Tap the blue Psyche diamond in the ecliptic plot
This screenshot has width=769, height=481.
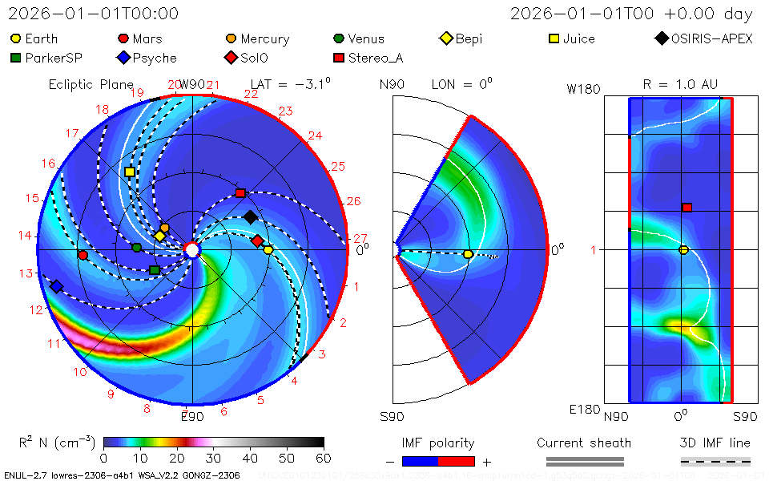pos(56,286)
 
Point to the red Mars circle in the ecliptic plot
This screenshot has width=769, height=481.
pos(83,255)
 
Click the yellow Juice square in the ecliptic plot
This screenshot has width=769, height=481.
pos(130,172)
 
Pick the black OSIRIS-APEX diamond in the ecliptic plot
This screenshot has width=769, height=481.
pos(251,217)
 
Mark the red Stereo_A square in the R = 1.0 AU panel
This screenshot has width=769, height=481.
pos(686,208)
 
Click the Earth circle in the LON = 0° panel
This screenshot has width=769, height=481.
pos(468,254)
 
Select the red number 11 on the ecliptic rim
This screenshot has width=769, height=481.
pos(54,344)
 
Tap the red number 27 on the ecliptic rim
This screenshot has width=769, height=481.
pos(360,238)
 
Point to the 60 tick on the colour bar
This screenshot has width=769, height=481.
pos(324,458)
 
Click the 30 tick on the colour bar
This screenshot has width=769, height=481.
pos(214,458)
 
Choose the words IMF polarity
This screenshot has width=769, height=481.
pos(437,443)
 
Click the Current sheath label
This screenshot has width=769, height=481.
pos(584,443)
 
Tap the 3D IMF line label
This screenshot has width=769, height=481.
pos(715,443)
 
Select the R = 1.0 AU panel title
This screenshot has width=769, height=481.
pos(680,84)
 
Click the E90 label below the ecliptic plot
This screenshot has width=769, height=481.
pos(192,416)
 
